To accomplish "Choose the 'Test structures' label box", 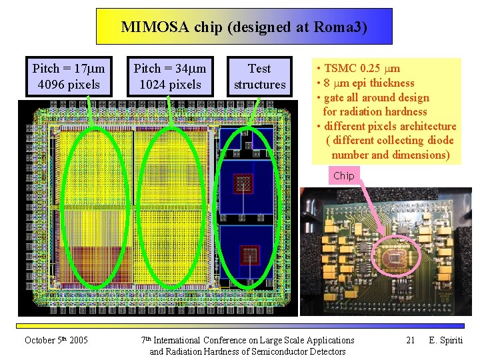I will point(259,76).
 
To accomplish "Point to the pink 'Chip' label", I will point(344,175).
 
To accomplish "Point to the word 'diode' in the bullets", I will point(439,140).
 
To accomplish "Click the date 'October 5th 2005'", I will point(56,340).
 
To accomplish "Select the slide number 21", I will point(411,340).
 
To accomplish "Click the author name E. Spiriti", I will point(446,340).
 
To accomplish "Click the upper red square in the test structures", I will point(242,181).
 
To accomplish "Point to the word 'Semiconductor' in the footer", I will point(275,351).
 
